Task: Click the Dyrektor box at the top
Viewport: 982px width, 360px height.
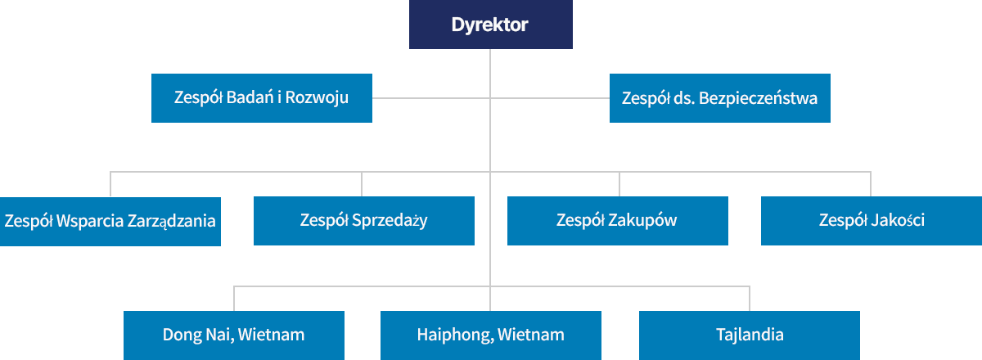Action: (490, 25)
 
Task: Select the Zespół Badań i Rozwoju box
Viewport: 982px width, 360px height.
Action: (262, 98)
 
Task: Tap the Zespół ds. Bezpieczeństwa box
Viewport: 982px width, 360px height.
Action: (719, 98)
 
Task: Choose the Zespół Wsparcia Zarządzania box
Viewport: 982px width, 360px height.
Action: (110, 221)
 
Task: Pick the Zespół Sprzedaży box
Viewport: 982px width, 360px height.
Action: (363, 221)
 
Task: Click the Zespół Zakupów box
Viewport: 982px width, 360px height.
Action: (617, 221)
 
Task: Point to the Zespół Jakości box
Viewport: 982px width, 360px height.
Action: (871, 221)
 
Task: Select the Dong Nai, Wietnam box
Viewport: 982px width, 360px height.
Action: (233, 335)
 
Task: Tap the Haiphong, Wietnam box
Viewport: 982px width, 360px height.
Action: (490, 335)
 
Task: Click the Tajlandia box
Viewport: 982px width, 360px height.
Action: (749, 335)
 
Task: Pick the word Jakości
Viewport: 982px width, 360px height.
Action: (897, 221)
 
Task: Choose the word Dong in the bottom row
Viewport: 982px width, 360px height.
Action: (180, 335)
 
